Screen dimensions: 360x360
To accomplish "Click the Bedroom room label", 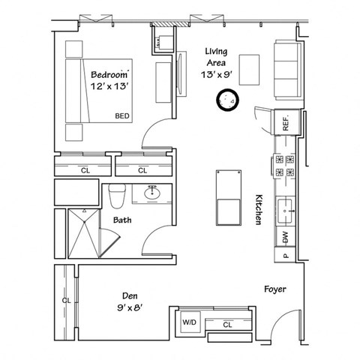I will (110, 75).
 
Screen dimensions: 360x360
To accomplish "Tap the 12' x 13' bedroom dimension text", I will (110, 88).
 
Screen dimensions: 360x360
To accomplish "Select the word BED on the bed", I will (121, 116).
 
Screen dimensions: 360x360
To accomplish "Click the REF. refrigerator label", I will (286, 123).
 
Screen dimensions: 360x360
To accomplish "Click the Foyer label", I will (276, 289).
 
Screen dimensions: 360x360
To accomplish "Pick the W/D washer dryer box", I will (189, 324).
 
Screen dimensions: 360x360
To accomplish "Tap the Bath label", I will (122, 220).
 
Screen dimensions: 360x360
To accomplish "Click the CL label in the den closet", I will (66, 301).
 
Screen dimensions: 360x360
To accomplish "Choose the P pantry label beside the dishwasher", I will (286, 255).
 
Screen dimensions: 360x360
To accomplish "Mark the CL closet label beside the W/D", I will (227, 324).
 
